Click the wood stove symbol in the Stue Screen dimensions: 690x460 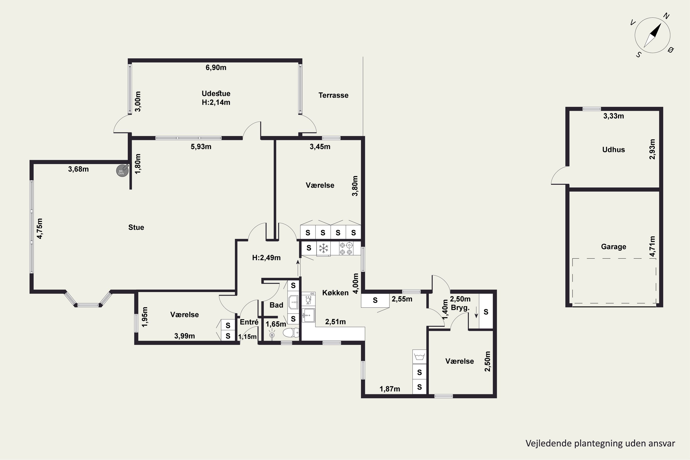(122, 170)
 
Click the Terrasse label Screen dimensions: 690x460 (333, 95)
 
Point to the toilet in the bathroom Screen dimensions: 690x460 (291, 333)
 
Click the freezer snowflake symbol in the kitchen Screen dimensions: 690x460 (323, 248)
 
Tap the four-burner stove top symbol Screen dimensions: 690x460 (346, 248)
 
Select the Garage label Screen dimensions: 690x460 (613, 247)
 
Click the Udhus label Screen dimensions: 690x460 (613, 150)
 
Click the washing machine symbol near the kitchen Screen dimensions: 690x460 (419, 357)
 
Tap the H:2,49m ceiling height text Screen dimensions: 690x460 (266, 258)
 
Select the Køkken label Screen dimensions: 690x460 (335, 293)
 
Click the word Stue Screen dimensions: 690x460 (136, 227)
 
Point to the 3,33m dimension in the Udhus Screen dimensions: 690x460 (613, 116)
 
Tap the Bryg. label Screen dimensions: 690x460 (460, 308)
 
